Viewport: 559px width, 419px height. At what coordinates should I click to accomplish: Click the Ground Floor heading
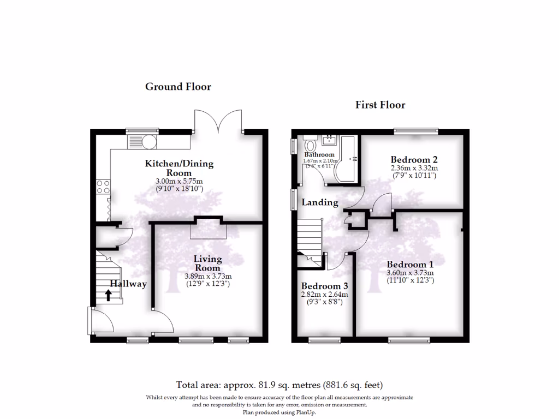tap(178, 87)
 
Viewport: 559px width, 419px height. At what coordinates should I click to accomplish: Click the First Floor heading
tap(380, 105)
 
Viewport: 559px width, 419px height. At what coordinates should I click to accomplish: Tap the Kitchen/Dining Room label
tap(179, 168)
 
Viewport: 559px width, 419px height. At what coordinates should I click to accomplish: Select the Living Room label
tap(208, 263)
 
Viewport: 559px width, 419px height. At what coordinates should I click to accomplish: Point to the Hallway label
tap(129, 284)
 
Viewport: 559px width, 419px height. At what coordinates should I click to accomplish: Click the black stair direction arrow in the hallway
tap(108, 295)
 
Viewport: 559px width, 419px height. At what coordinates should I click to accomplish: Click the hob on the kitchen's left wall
tap(103, 187)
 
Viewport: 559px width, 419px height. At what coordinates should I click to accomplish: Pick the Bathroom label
tap(319, 155)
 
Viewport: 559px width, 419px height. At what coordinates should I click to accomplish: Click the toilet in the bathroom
tap(311, 146)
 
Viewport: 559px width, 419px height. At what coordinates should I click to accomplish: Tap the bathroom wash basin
tap(330, 141)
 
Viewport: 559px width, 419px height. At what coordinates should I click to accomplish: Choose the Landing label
tap(320, 202)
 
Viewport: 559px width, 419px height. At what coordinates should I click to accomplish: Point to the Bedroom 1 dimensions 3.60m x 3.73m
tap(409, 273)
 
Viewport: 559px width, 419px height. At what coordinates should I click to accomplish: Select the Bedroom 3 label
tap(325, 286)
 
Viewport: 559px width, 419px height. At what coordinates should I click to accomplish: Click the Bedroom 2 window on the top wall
tap(417, 131)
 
